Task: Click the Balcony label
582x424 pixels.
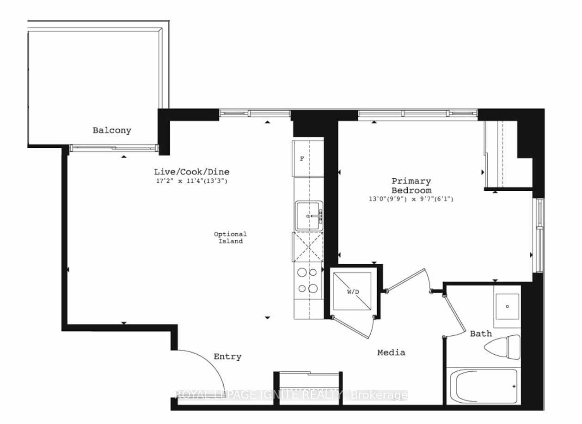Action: click(112, 130)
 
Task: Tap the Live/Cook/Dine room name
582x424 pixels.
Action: click(192, 171)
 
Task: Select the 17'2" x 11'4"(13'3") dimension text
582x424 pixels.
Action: click(191, 181)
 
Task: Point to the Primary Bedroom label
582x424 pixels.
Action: click(411, 186)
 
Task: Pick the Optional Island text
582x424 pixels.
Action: click(230, 237)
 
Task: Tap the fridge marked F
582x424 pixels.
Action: click(302, 158)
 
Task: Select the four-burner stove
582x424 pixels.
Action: click(308, 280)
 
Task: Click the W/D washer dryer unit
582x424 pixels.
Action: click(352, 291)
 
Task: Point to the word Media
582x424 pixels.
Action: click(391, 352)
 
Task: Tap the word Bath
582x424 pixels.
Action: click(481, 333)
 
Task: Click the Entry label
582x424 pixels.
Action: click(227, 357)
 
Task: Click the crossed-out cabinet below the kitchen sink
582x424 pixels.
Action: click(308, 247)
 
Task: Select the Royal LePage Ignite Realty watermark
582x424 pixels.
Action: click(291, 395)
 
